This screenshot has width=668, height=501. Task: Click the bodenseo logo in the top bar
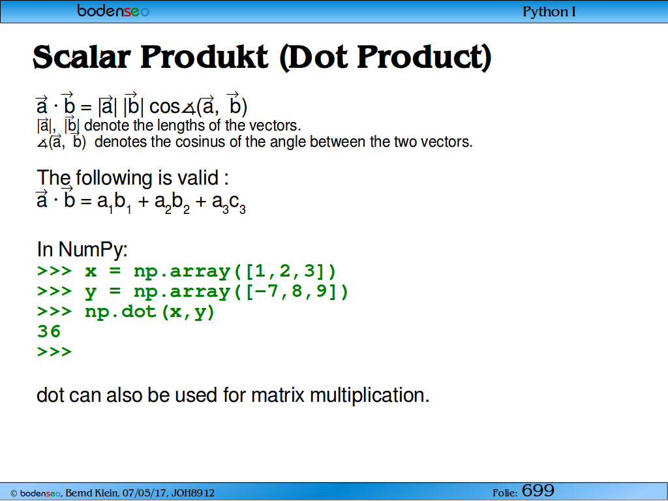114,10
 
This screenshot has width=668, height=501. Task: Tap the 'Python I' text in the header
549,12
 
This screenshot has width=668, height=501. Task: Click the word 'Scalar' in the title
82,57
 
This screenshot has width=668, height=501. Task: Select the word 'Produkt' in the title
204,57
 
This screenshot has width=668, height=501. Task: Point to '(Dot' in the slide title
314,57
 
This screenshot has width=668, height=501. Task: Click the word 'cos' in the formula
164,106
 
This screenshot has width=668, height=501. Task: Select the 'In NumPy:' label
82,249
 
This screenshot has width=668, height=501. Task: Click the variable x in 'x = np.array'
91,272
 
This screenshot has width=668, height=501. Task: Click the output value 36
49,331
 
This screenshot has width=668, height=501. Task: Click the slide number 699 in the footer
538,491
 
